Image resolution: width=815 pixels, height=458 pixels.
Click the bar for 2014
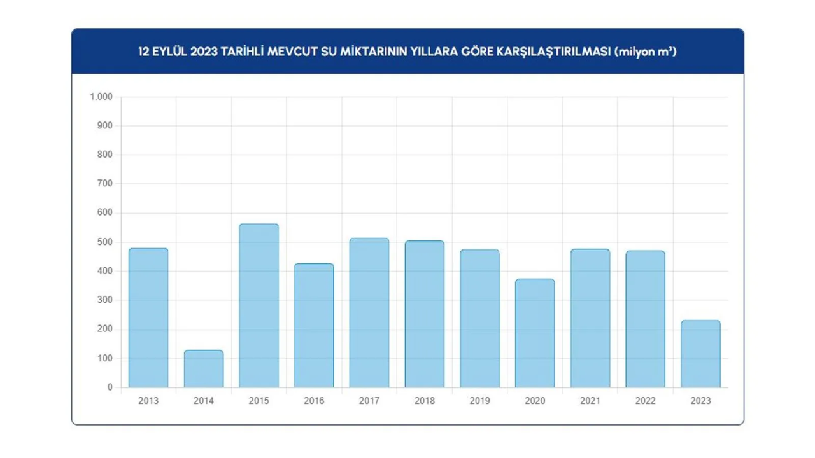pos(204,368)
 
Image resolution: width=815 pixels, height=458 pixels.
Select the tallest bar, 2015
pos(259,305)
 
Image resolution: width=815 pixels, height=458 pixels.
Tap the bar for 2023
pos(700,354)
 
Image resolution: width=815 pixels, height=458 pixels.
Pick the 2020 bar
pos(535,333)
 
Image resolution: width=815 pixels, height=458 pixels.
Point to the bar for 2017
pos(369,312)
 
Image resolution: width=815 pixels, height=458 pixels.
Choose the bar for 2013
pos(148,317)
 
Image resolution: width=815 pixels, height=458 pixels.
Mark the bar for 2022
pos(645,319)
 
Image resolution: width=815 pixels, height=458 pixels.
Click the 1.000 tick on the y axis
pos(101,97)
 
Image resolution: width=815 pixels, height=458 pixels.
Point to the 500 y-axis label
pos(104,242)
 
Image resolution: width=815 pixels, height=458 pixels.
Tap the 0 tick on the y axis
pos(110,387)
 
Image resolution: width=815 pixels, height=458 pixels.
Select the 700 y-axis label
pos(104,184)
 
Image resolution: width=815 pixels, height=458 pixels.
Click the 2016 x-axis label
pos(314,401)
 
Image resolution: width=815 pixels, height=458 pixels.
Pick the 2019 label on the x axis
pos(479,401)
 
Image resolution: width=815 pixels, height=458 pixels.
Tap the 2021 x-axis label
pos(590,401)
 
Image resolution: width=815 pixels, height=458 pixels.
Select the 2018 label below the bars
pos(425,401)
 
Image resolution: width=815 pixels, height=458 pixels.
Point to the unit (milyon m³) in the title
pos(645,52)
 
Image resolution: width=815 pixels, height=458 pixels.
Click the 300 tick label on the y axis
pos(104,300)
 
